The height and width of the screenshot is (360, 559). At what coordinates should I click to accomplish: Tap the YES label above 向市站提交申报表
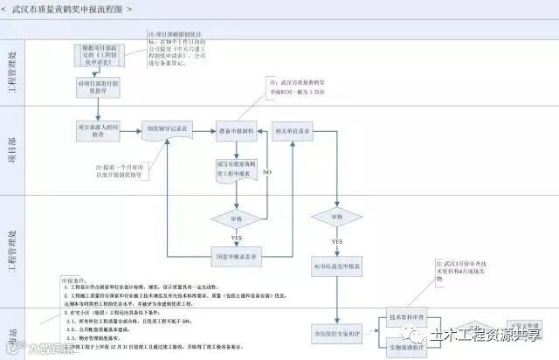pos(336,239)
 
